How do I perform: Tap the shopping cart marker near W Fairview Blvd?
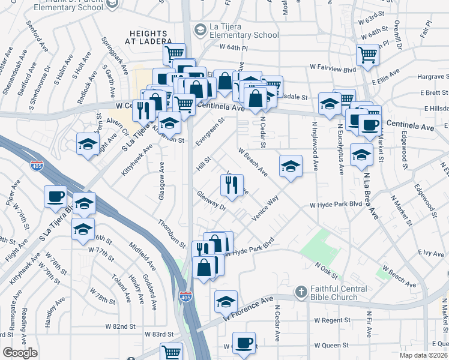pos(367,55)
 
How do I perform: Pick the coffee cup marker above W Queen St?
pos(244,344)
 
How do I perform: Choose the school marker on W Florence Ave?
pos(226,302)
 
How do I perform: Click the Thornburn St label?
pos(172,233)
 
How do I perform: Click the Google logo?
pos(20,353)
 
